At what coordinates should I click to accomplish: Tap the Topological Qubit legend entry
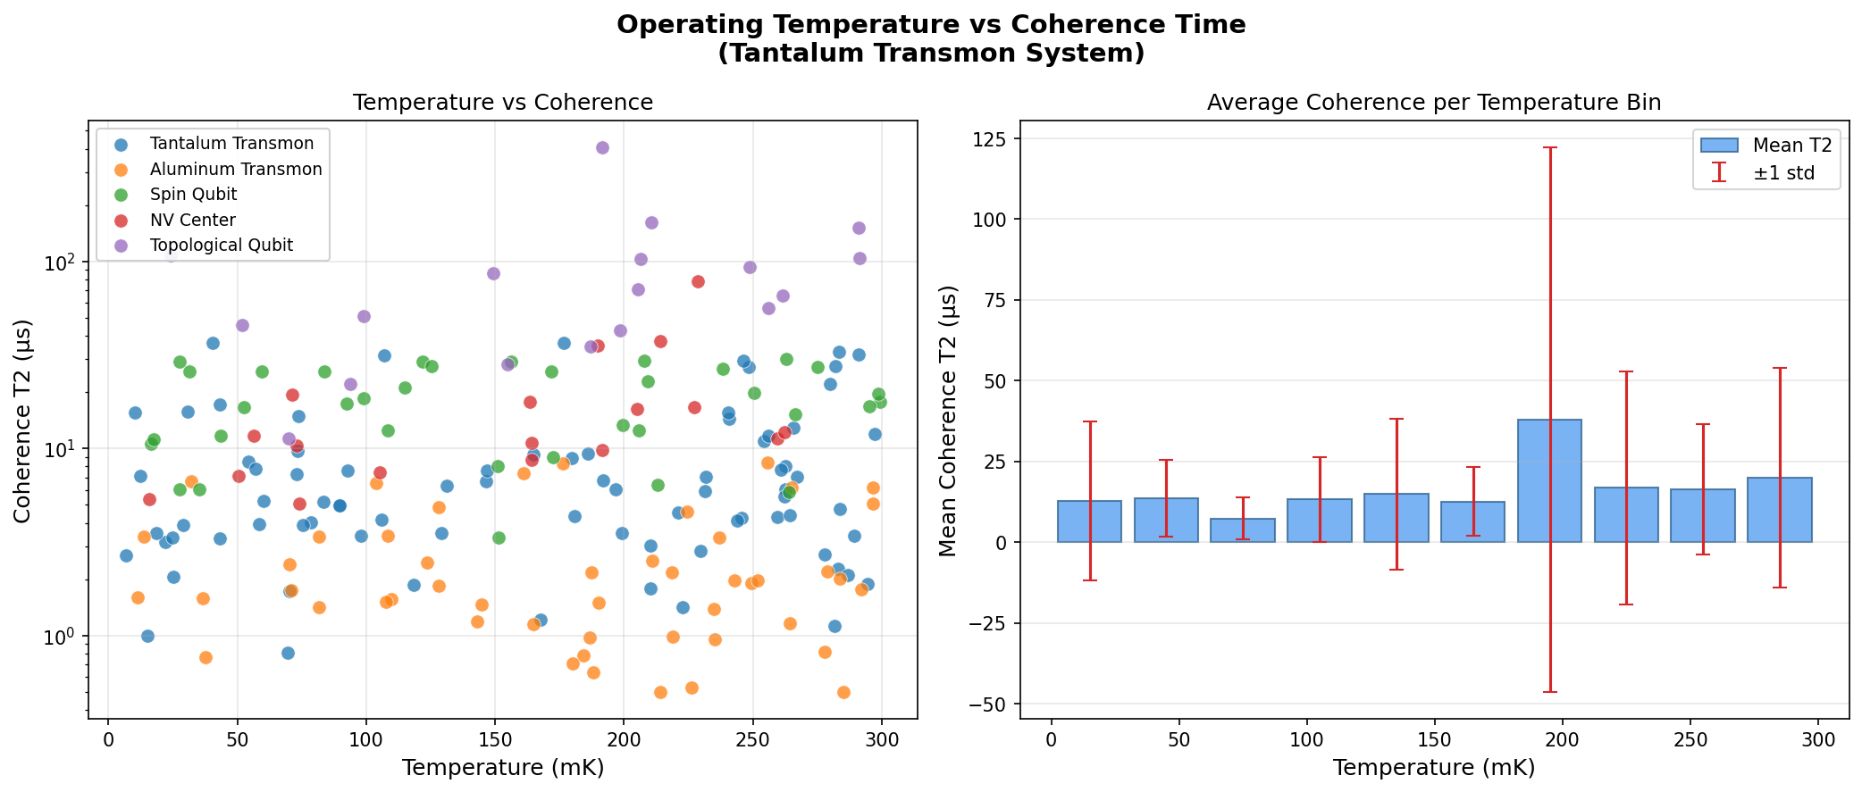tap(221, 246)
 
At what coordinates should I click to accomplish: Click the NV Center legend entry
tap(192, 221)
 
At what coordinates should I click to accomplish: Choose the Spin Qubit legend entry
tap(193, 195)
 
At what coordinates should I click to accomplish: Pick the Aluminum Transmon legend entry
tap(236, 170)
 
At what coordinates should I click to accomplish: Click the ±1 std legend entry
tap(1783, 173)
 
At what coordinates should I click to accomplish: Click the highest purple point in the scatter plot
tap(602, 147)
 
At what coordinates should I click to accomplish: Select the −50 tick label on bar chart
tap(988, 704)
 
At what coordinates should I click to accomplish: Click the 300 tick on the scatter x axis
tap(882, 740)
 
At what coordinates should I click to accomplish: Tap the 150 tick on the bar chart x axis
tap(1435, 740)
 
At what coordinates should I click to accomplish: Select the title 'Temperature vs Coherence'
tap(503, 103)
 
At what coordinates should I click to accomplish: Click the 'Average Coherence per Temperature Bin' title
tap(1434, 103)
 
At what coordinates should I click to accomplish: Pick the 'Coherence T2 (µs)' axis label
tap(23, 421)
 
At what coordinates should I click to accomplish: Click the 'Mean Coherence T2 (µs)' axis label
tap(948, 421)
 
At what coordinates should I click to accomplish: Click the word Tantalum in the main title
tap(794, 54)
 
